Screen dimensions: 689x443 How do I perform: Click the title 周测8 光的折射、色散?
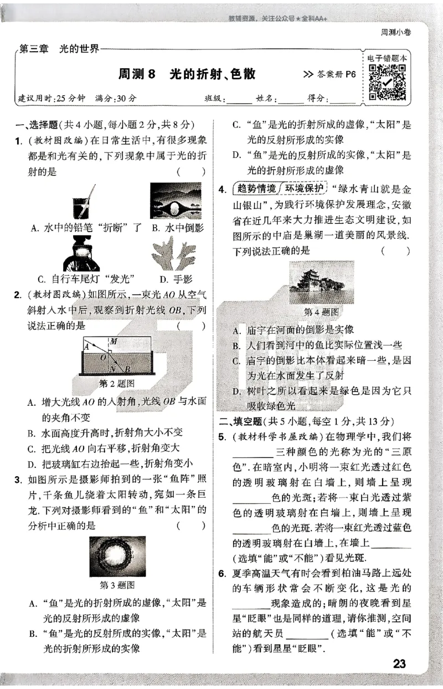(x=188, y=74)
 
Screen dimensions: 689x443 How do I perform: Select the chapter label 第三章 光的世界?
(x=59, y=49)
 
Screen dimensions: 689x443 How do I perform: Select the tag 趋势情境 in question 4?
(x=256, y=188)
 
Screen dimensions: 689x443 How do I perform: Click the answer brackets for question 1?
(x=191, y=172)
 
